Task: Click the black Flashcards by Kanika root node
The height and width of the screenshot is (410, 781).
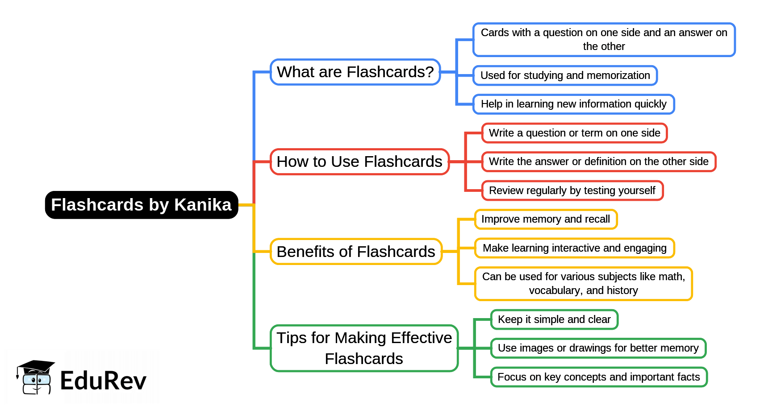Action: point(141,205)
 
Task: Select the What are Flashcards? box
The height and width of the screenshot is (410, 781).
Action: point(355,72)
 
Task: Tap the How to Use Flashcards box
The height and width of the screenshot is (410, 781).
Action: point(359,162)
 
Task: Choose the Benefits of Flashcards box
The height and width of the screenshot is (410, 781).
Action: point(355,252)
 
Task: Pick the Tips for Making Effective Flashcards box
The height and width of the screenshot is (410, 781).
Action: point(363,348)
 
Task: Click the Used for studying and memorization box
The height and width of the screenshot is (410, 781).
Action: point(565,75)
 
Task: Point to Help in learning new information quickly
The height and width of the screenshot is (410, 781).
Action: point(573,104)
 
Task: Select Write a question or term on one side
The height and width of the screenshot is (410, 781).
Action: point(574,133)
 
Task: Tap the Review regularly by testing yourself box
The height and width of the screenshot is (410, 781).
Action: point(572,191)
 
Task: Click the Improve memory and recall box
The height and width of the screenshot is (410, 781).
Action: point(545,219)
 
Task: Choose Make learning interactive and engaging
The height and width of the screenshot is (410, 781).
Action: point(574,248)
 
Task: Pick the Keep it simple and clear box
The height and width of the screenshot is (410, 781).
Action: point(554,319)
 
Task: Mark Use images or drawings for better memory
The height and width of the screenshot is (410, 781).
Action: point(598,348)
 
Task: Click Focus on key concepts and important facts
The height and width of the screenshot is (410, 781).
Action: point(598,377)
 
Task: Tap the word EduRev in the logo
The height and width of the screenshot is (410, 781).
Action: point(103,381)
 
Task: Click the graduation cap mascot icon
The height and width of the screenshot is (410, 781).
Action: point(35,377)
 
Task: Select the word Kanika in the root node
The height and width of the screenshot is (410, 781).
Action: point(203,205)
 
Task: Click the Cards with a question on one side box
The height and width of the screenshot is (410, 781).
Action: point(604,39)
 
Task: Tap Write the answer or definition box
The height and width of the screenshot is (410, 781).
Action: point(598,162)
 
